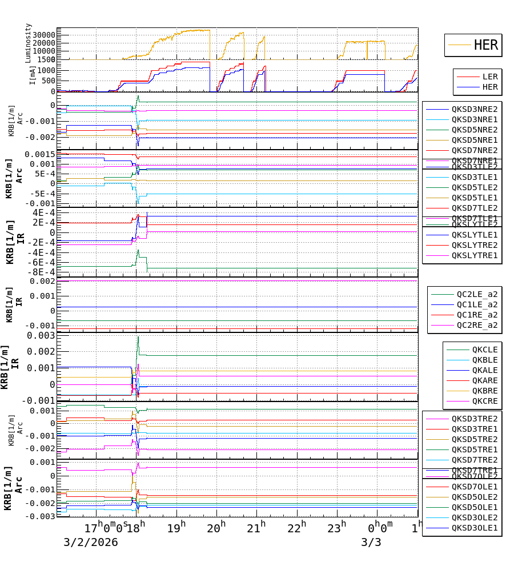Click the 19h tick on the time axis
pos(176,527)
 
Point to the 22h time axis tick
pos(296,527)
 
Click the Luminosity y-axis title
pos(29,43)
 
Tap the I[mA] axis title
pos(33,76)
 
